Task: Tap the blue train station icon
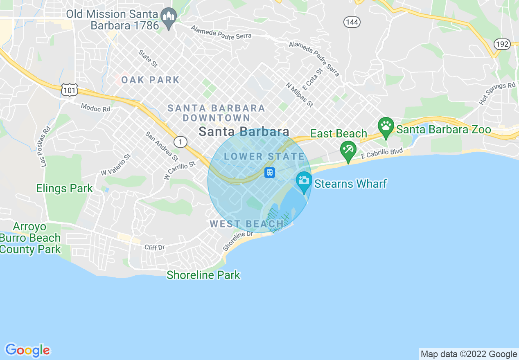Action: click(x=269, y=172)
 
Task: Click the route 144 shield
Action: click(x=352, y=22)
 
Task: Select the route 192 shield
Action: click(x=502, y=44)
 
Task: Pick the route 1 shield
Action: click(x=180, y=142)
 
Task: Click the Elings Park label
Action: click(x=65, y=189)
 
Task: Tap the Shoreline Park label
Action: click(x=203, y=275)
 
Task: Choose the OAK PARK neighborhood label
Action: click(x=150, y=80)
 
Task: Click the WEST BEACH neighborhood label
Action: click(x=246, y=224)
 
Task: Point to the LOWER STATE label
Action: click(x=264, y=156)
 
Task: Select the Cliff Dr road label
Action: click(x=154, y=248)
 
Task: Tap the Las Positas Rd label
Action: click(x=45, y=146)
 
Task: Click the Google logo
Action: click(x=27, y=350)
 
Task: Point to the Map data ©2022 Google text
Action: click(x=469, y=354)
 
